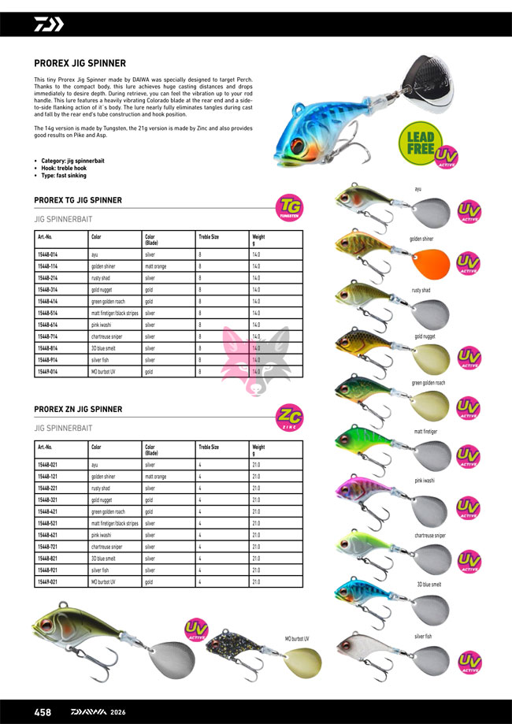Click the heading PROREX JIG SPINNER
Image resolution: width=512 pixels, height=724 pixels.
pyautogui.click(x=80, y=64)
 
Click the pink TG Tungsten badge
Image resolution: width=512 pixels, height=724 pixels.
pyautogui.click(x=290, y=209)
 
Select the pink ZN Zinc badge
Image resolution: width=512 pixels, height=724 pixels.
pyautogui.click(x=290, y=418)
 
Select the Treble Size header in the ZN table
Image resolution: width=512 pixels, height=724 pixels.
pyautogui.click(x=209, y=447)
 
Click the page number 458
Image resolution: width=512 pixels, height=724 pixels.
pyautogui.click(x=43, y=712)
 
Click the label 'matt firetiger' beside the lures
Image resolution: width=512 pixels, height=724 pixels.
pyautogui.click(x=427, y=432)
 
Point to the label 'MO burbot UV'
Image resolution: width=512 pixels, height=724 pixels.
pyautogui.click(x=297, y=639)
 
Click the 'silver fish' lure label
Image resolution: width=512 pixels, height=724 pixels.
pyautogui.click(x=422, y=635)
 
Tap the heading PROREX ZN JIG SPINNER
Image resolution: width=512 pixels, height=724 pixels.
pyautogui.click(x=78, y=409)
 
